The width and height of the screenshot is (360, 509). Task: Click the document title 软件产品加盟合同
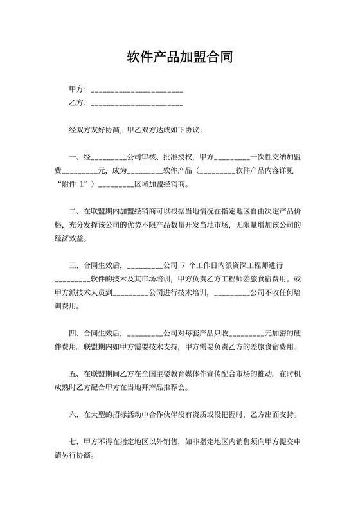pos(180,58)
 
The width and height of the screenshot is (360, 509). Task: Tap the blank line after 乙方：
pos(138,103)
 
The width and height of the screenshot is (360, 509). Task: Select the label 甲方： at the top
pos(78,89)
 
